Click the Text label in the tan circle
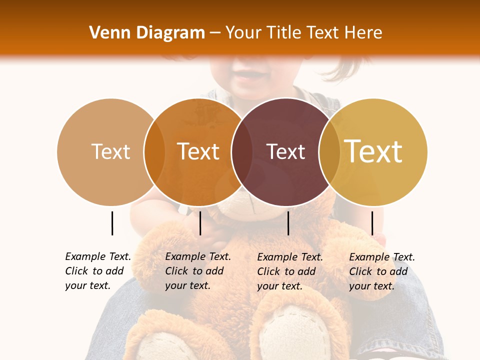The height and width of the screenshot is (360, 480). click(110, 151)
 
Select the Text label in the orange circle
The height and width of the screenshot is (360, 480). click(198, 151)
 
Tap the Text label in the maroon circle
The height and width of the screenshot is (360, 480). click(285, 151)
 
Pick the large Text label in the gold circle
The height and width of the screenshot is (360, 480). click(373, 151)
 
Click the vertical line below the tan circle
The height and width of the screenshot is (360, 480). click(112, 223)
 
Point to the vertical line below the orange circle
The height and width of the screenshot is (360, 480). click(200, 223)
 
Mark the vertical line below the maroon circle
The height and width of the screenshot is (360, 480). click(288, 223)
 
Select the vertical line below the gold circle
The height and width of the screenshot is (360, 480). click(372, 223)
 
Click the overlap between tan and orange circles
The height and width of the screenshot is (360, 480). click(154, 151)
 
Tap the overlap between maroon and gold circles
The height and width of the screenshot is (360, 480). click(329, 151)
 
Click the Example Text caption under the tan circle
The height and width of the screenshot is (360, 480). click(97, 271)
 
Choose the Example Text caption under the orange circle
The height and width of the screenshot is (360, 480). click(197, 271)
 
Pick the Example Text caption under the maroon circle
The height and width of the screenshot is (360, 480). click(289, 271)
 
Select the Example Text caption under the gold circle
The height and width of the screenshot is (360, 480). click(381, 271)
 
